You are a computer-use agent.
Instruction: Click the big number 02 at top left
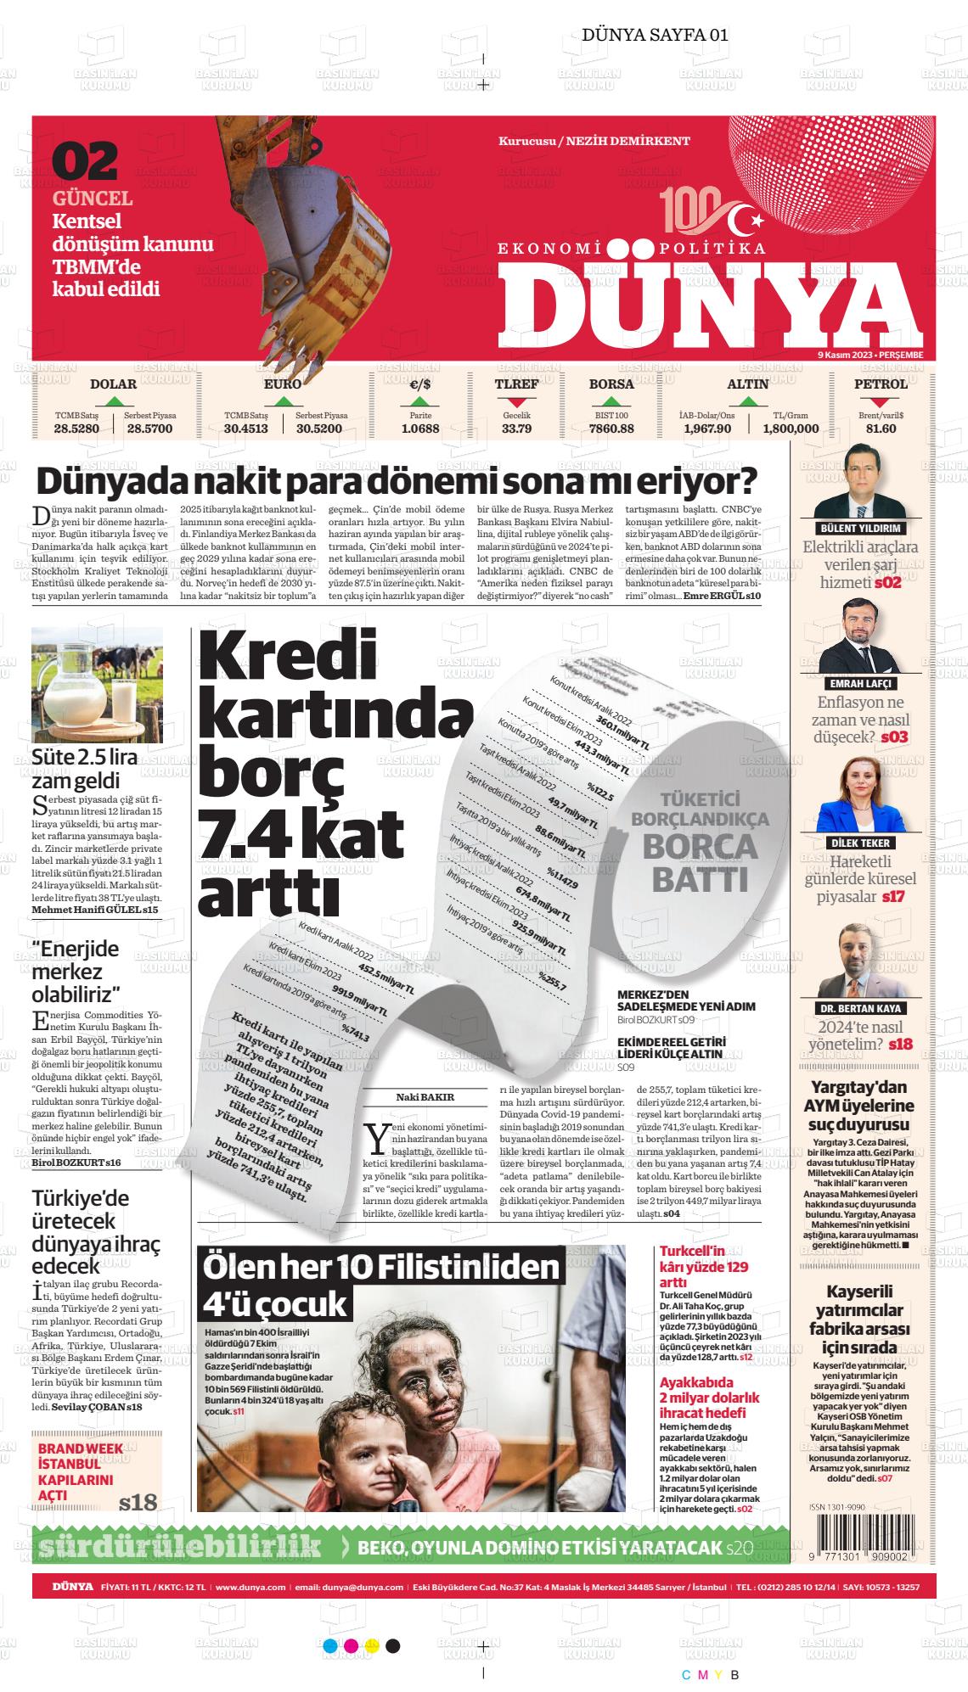coord(86,161)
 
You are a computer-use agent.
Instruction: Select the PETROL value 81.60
coord(881,429)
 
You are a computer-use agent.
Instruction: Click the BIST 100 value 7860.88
coord(611,429)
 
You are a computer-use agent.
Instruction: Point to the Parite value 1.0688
coord(420,429)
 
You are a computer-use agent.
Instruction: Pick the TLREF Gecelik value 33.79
coord(516,429)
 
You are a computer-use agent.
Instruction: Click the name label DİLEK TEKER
coord(860,843)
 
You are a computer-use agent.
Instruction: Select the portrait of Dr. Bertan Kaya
coord(860,961)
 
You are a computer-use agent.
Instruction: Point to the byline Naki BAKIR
coord(425,1096)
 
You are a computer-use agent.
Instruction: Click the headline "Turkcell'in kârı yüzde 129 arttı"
coord(704,1266)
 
